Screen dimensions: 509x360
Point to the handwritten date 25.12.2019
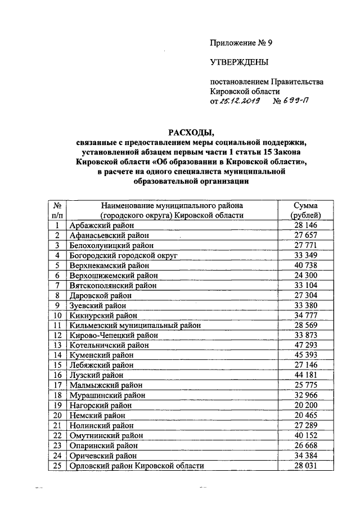240,102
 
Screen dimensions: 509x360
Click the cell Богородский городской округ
123,255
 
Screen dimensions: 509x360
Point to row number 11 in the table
57,325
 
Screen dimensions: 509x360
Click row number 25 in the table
57,465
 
